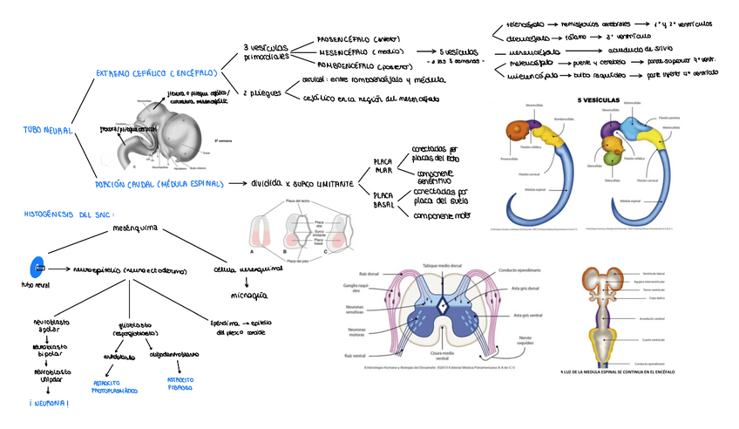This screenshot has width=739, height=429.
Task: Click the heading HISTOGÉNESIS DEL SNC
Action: pos(69,213)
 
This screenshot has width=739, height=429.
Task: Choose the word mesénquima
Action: pos(135,230)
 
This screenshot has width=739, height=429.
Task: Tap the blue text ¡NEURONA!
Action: pos(49,403)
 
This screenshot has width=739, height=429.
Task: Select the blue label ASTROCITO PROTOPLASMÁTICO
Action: pos(114,386)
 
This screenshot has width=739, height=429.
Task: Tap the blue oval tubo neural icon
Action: pos(35,268)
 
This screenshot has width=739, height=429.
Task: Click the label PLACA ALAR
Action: pos(383,167)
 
